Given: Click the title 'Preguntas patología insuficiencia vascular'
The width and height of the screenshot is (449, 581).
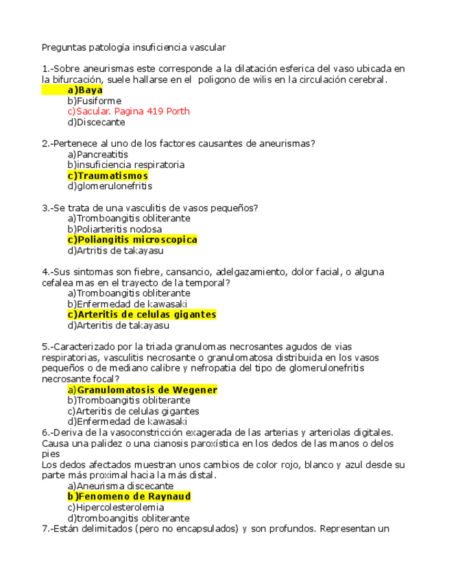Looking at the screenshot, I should coord(134,47).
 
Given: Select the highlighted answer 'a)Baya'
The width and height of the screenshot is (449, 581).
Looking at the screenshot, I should coord(85,90).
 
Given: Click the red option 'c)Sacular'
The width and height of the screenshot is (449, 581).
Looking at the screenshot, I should coord(88,112).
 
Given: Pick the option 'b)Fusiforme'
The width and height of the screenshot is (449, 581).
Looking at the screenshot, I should coord(94,101).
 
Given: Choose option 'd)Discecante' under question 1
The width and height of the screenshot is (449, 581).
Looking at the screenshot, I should coord(96,123).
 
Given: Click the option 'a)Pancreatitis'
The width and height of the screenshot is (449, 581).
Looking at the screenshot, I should coord(97,155).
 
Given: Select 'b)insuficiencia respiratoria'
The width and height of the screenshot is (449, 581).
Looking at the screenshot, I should coord(125,165).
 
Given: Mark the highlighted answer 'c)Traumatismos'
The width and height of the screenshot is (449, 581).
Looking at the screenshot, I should coord(108,176).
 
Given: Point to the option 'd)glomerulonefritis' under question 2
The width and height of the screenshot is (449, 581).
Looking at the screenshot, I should coord(110,186).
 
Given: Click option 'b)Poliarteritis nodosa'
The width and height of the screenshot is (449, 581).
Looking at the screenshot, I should coord(114,230).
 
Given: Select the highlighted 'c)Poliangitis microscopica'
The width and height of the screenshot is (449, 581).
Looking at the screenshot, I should coord(132,240).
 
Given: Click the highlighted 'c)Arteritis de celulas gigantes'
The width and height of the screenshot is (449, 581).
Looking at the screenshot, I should coord(141,314).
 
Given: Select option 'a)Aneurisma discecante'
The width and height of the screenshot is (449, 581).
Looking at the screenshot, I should coord(120,486).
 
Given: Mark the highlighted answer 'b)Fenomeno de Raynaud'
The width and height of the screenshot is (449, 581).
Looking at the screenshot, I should coord(129,496).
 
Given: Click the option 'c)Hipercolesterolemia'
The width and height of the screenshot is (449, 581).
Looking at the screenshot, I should coord(115,508).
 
